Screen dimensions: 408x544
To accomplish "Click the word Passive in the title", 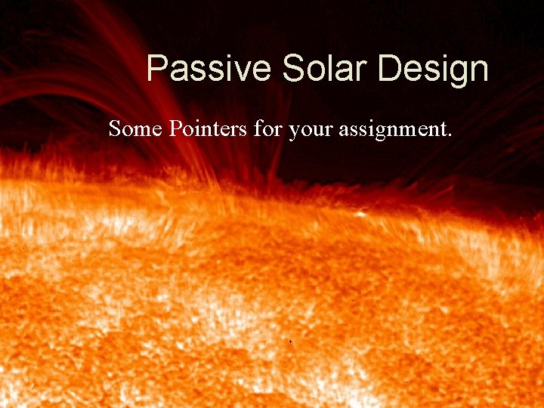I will tap(209, 69).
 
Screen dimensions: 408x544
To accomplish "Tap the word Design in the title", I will tap(434, 69).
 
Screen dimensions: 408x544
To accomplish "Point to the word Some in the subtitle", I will tap(135, 128).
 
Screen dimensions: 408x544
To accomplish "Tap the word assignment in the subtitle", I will tap(392, 130).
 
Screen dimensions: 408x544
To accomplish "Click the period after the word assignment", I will tap(450, 135).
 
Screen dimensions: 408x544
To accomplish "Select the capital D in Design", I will tap(389, 69).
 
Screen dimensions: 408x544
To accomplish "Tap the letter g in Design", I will tap(450, 73).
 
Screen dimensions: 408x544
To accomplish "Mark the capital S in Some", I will tap(115, 128).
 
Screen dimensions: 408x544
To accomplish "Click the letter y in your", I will tap(294, 131).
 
